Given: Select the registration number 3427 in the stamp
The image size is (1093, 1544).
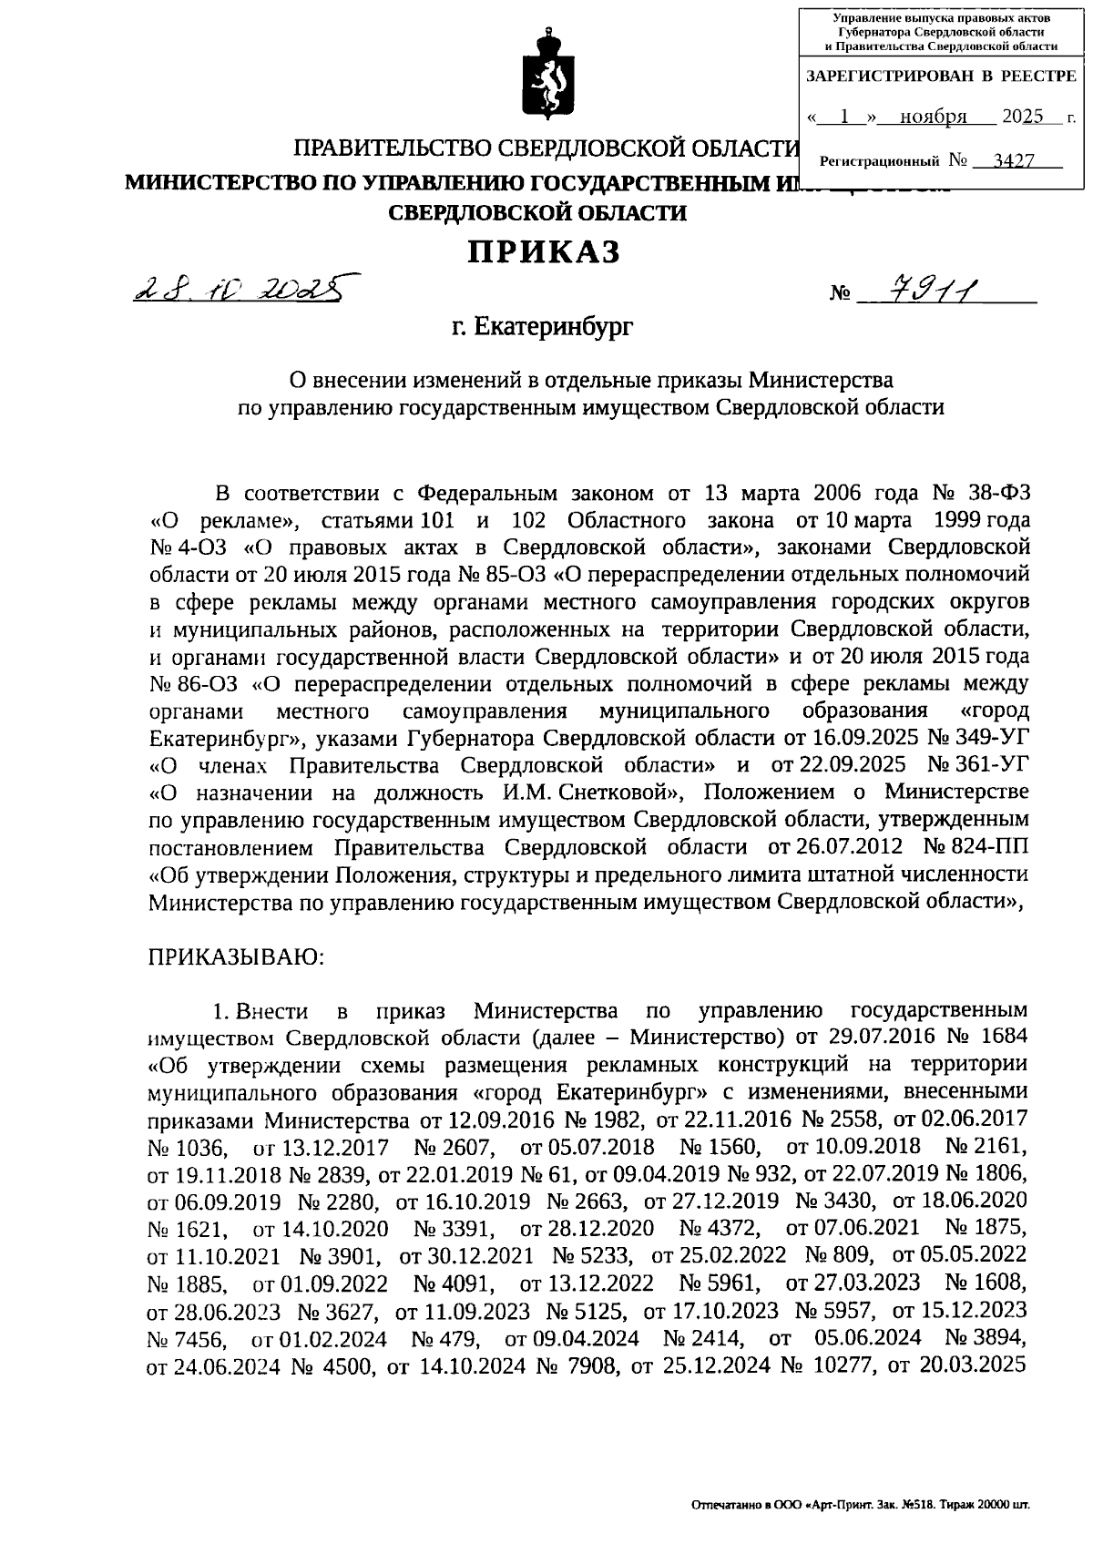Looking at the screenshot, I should click(1013, 161).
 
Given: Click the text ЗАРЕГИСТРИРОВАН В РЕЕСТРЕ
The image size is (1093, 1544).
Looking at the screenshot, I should click(941, 76).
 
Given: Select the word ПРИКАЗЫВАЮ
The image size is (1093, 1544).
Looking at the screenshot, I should click(231, 956).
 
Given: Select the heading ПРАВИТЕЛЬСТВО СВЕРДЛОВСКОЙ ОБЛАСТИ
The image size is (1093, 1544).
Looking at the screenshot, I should click(545, 149).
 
